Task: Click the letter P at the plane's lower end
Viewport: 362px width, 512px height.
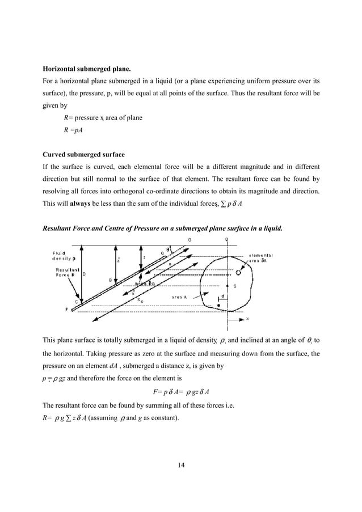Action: [68, 310]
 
